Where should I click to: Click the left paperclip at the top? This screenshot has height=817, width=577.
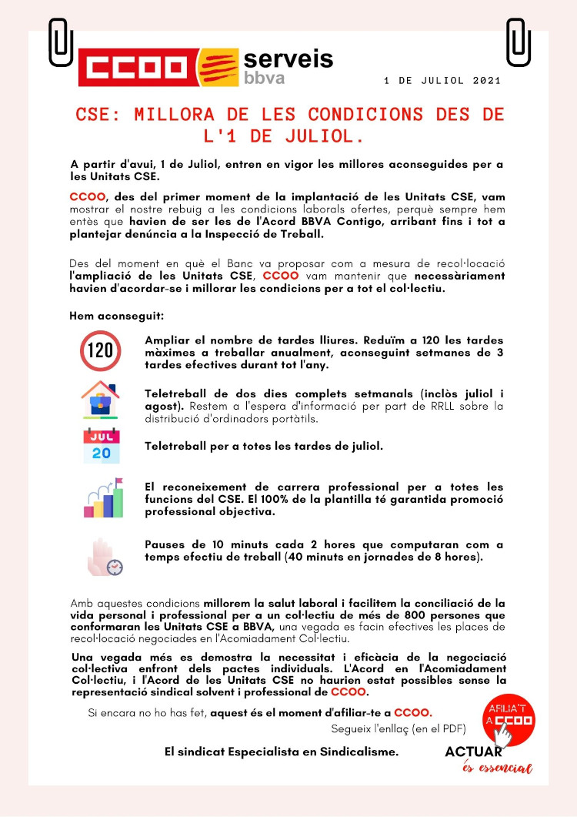60,42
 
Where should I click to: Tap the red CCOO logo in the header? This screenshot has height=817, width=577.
136,67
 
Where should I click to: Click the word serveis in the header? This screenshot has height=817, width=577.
288,59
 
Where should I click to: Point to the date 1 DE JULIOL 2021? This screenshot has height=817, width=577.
442,80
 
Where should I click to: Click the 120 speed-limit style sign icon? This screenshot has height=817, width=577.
100,351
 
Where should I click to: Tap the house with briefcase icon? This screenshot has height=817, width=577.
100,400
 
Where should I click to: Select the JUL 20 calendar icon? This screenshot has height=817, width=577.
101,446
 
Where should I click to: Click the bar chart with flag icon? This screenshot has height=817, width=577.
102,498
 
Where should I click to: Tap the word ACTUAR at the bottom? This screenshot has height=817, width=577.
474,752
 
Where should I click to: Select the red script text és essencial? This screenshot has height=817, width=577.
497,768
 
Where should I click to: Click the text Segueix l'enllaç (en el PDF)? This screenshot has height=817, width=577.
398,728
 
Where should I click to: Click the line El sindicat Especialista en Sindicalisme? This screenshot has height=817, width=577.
282,752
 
